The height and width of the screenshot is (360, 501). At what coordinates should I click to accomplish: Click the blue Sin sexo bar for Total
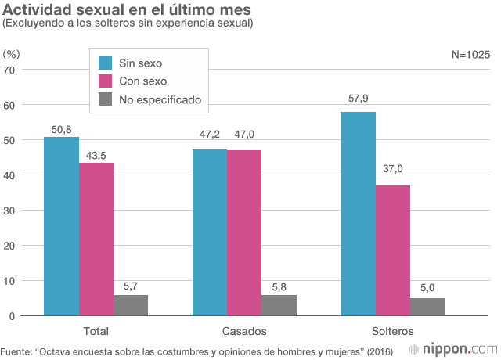[61, 226]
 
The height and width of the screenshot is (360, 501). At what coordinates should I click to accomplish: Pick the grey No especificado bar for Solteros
[427, 307]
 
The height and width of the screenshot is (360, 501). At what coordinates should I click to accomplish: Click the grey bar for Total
[131, 305]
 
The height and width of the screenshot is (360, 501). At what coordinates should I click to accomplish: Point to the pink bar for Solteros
[393, 250]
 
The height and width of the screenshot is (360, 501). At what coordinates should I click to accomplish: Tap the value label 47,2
[210, 135]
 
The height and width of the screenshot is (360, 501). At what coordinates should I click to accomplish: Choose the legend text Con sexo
[143, 81]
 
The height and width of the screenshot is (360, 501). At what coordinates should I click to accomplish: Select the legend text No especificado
[160, 99]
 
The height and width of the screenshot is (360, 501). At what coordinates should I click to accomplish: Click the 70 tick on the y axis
[10, 70]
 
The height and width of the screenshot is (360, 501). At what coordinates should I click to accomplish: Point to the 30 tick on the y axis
[10, 211]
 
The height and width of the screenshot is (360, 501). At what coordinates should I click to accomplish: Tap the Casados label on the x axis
[244, 330]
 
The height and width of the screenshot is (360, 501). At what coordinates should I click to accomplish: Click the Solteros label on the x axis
[393, 330]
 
